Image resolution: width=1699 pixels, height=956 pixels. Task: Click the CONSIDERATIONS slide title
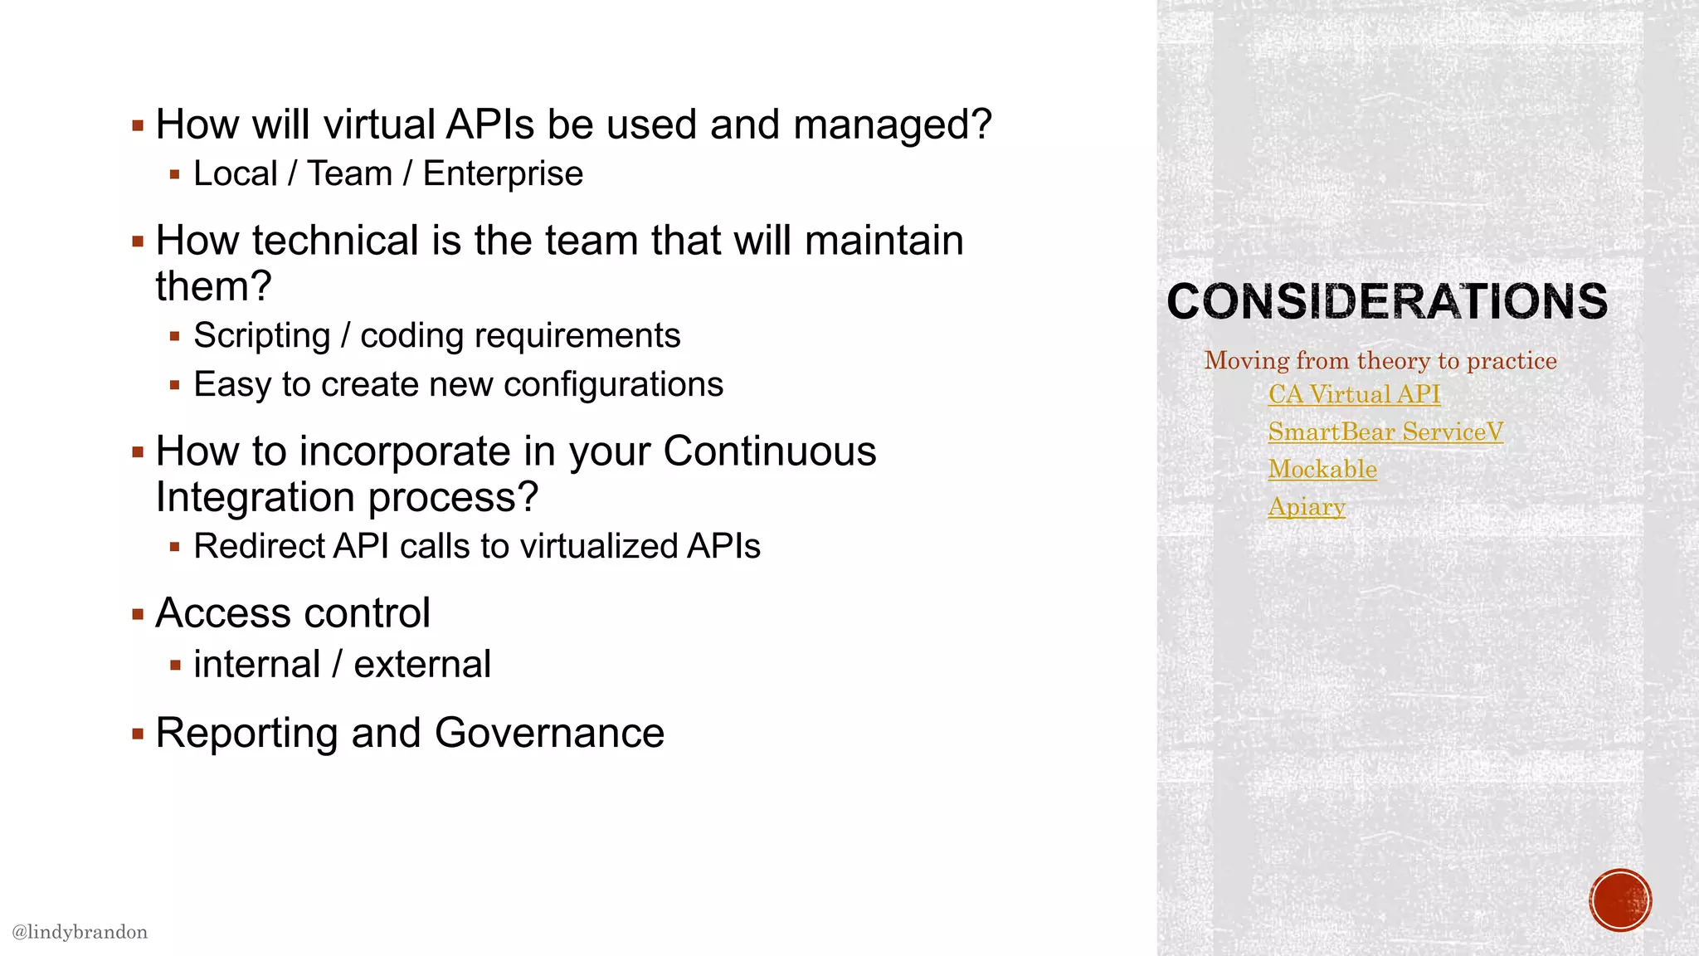1387,300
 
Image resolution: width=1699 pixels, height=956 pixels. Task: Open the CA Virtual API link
1354,394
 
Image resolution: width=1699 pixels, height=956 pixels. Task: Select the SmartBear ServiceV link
1385,432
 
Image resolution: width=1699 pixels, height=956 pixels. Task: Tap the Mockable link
1322,469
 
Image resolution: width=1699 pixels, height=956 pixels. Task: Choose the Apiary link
1307,506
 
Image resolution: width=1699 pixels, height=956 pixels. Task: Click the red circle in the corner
1620,900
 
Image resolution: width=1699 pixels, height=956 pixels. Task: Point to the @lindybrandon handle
80,932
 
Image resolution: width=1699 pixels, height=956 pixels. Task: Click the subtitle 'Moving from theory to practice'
1380,360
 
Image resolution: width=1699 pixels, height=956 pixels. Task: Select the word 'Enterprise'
503,174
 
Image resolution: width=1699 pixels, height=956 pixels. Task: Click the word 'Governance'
549,734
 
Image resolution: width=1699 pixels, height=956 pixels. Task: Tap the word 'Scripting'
262,336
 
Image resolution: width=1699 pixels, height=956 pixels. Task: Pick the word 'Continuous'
769,451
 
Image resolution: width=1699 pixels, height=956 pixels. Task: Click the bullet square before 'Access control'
138,615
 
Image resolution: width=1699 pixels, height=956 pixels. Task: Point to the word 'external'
422,665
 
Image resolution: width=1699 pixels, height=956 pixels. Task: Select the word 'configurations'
613,385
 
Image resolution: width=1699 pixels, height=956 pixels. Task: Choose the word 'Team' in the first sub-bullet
349,174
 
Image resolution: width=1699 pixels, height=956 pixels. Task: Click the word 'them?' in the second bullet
213,286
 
